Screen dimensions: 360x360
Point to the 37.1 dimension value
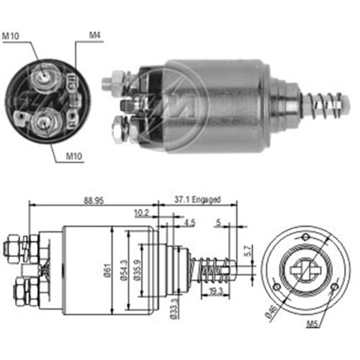pyautogui.click(x=179, y=199)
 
